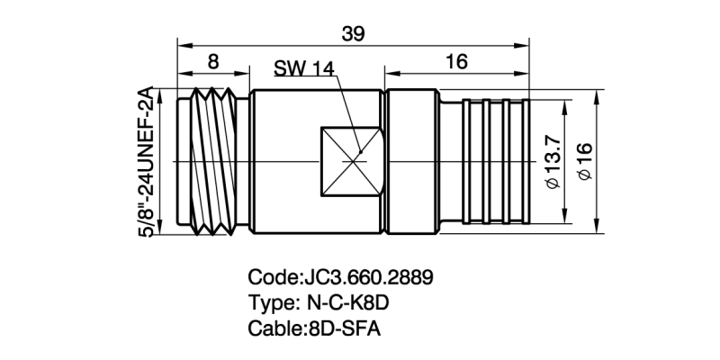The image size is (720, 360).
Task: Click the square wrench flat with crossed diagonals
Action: (x=352, y=162)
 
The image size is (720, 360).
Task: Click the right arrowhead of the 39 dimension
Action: (x=523, y=43)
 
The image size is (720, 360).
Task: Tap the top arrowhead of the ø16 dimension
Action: (x=596, y=94)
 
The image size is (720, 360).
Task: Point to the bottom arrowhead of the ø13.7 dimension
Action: (x=564, y=221)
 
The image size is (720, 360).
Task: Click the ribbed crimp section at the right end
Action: (x=492, y=162)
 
